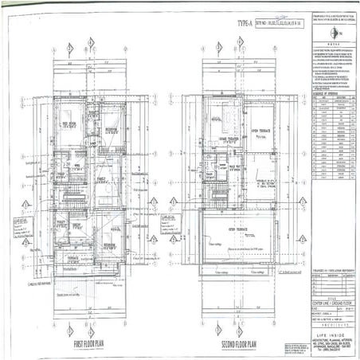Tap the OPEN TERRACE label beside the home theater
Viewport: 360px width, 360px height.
coord(263,131)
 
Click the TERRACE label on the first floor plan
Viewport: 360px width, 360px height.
coord(73,259)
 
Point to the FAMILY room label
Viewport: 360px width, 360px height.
coord(101,180)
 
